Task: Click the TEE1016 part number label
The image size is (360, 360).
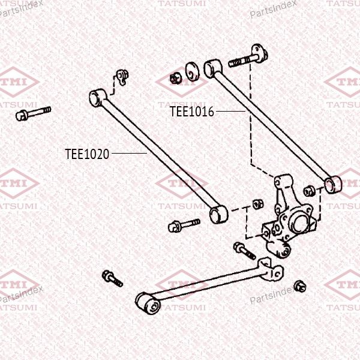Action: (192, 112)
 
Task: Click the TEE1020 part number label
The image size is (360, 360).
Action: (87, 154)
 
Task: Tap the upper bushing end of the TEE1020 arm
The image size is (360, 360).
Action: (98, 98)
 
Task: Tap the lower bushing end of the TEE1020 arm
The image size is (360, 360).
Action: (218, 215)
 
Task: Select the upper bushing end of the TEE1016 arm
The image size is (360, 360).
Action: (212, 68)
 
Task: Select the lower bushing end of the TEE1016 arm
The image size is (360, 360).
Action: (332, 185)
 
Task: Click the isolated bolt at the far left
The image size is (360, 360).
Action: (33, 113)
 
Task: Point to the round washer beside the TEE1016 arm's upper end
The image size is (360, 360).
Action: (193, 71)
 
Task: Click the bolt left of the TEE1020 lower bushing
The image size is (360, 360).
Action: (184, 225)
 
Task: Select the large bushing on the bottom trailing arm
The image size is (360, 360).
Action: (148, 302)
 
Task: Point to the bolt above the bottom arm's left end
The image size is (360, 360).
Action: (112, 278)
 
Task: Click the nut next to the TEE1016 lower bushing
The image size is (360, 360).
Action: (309, 191)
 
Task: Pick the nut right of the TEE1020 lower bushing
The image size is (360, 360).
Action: (258, 204)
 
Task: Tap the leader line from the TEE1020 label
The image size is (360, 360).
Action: (129, 153)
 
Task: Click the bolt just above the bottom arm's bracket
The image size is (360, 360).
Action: (245, 251)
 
